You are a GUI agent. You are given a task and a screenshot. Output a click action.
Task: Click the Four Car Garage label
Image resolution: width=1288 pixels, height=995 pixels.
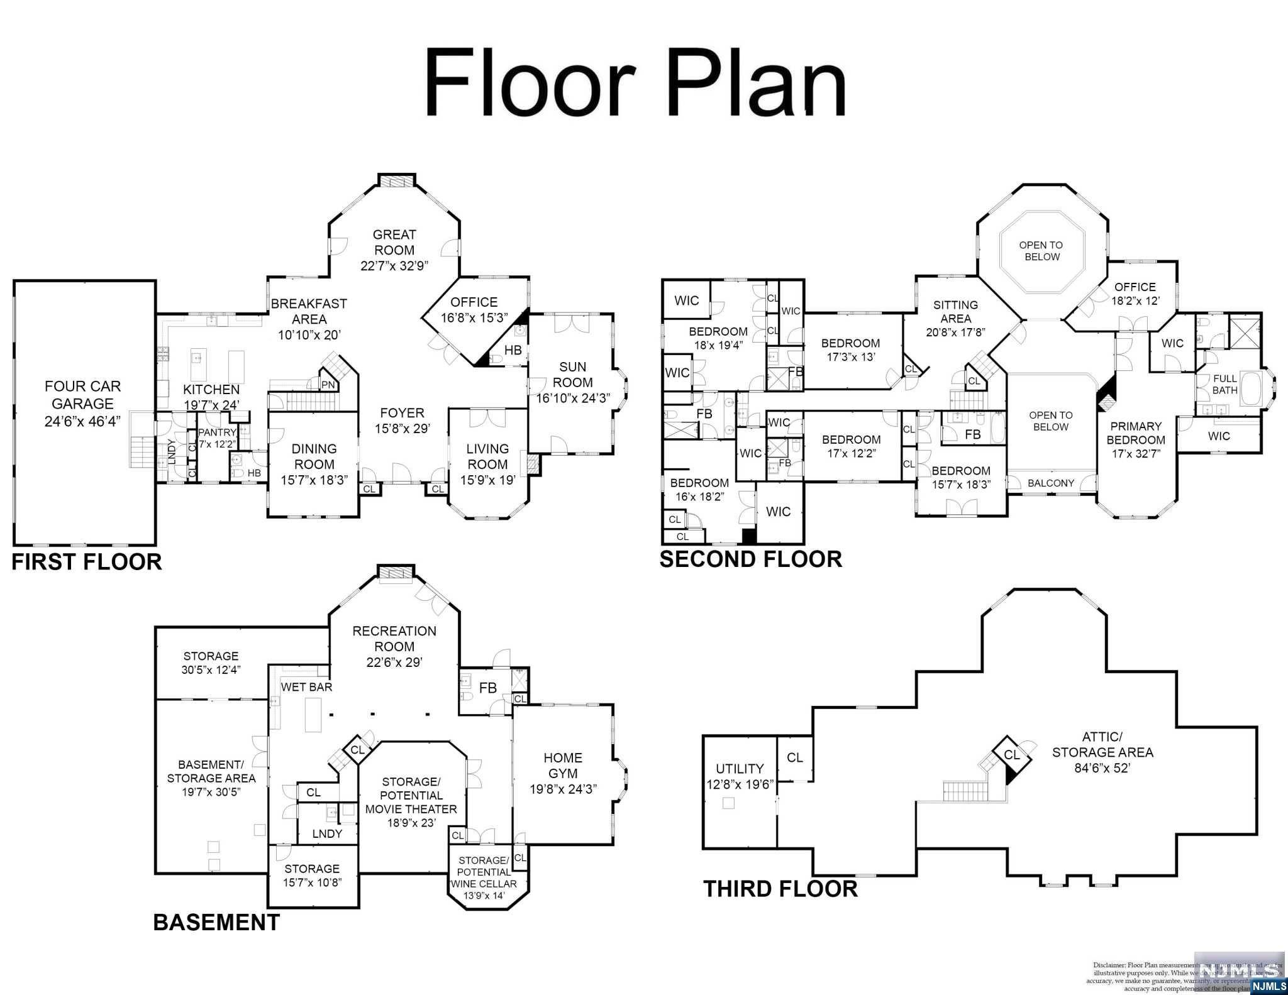(82, 395)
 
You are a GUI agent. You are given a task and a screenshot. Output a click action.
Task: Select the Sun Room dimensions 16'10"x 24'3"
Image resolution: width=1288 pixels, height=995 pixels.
(573, 398)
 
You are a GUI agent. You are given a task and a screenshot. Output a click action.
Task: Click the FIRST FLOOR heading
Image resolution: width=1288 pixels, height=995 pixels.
(87, 561)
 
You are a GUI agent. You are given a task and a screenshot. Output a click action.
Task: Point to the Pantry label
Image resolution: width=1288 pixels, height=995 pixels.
(217, 432)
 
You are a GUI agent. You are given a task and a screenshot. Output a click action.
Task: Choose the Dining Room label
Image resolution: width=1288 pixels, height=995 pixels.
(314, 456)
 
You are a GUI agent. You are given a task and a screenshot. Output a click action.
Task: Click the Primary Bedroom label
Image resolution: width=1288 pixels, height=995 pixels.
(1136, 433)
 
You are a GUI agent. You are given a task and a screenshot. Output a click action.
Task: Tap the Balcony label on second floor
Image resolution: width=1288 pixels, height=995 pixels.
(1051, 483)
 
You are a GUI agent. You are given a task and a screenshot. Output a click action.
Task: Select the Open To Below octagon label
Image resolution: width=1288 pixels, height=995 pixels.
(1041, 251)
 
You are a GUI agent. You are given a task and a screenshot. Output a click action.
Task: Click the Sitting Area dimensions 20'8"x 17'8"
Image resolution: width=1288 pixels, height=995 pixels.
(955, 333)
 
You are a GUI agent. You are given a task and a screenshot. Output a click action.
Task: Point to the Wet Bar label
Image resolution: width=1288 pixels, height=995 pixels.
(306, 687)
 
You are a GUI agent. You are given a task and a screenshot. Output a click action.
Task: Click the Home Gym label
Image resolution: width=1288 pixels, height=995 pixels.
(563, 766)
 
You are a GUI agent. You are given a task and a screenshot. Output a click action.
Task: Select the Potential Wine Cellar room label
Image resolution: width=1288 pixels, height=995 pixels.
(484, 872)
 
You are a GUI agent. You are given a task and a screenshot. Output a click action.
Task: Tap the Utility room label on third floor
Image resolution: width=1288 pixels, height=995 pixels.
(740, 769)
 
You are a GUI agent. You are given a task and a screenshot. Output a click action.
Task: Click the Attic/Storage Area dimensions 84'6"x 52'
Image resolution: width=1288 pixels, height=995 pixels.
(1102, 767)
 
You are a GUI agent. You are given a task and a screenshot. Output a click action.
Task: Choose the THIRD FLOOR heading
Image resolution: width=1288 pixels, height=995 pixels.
(780, 889)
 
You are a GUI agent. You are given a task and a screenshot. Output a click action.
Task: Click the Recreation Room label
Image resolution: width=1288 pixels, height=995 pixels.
(394, 639)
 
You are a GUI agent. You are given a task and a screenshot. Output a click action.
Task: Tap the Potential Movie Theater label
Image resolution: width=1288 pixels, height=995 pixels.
(411, 801)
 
